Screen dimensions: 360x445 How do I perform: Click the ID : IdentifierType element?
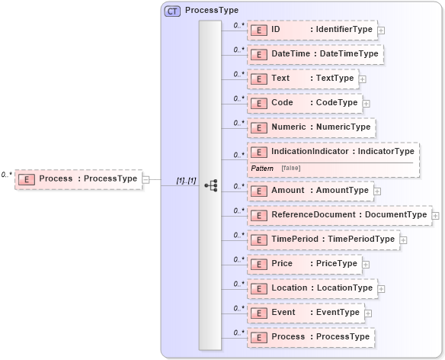(x=312, y=30)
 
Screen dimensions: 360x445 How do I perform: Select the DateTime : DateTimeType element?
(x=313, y=54)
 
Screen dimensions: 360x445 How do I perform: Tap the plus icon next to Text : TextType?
(x=363, y=79)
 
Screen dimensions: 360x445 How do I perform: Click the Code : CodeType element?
(x=304, y=102)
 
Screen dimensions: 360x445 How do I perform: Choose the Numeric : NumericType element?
(x=312, y=127)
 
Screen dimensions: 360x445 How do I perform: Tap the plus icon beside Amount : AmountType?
(x=378, y=191)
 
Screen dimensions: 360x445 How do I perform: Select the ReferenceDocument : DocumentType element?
(x=339, y=215)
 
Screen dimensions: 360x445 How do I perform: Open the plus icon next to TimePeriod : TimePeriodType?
(x=404, y=239)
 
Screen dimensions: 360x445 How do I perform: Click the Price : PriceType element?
(x=304, y=264)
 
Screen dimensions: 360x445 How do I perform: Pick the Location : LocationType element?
(x=312, y=288)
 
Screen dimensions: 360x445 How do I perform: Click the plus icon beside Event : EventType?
(x=368, y=313)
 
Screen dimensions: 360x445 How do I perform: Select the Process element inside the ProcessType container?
(x=311, y=336)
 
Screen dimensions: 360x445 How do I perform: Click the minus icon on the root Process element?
(x=146, y=179)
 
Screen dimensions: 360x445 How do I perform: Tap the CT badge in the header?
(x=172, y=11)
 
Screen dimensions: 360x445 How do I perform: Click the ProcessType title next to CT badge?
(x=212, y=11)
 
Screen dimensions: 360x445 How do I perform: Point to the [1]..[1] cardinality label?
(x=186, y=180)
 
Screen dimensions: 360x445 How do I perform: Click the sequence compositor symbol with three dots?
(x=211, y=185)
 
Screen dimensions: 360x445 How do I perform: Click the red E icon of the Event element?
(x=258, y=313)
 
